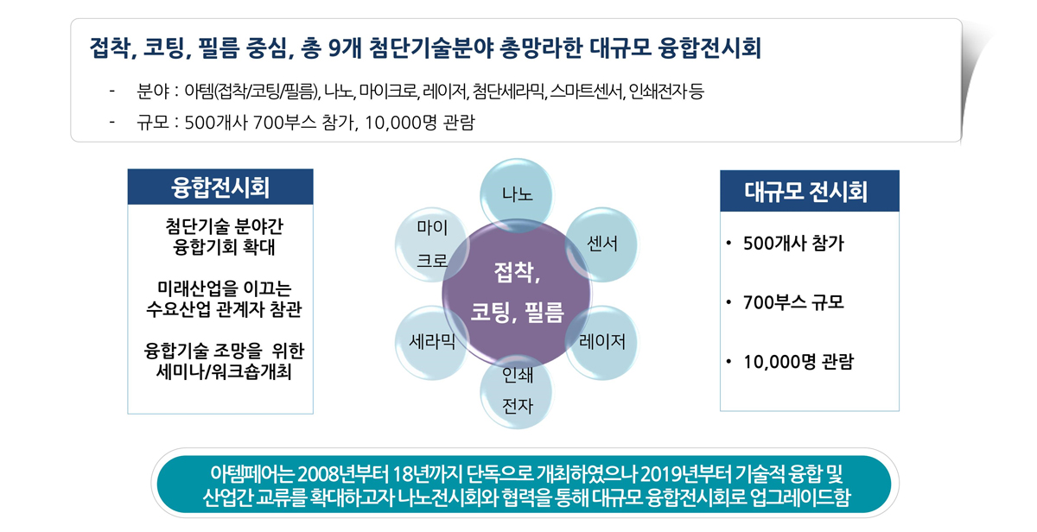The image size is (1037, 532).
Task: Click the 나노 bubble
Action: point(517,194)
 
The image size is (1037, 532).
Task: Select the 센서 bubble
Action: point(602,244)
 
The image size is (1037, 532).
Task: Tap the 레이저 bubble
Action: point(602,342)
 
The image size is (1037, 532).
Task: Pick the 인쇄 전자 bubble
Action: point(517,391)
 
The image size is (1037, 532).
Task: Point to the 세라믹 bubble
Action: point(432,342)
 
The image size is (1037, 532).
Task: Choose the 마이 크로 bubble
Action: point(432,244)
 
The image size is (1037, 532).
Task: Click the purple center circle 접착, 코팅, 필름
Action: point(517,294)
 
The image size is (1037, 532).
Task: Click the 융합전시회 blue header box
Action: point(220,187)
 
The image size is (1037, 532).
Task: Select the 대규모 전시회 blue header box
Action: point(810,191)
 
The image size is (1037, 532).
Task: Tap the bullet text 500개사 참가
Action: point(793,244)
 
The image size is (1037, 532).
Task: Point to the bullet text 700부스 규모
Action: point(793,302)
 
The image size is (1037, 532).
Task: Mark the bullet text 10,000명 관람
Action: point(798,362)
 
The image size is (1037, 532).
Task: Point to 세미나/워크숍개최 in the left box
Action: point(224,371)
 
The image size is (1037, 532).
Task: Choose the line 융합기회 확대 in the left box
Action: point(224,247)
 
